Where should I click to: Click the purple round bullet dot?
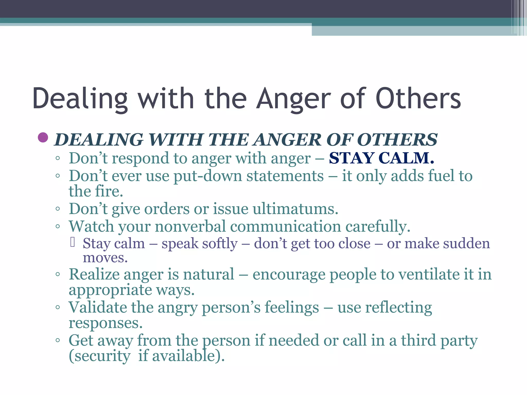tap(43, 137)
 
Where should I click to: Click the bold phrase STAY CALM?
tap(381, 158)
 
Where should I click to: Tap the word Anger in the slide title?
tap(294, 99)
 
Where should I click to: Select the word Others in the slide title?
tap(418, 99)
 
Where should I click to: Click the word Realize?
tap(94, 274)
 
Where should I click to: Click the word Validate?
tap(98, 307)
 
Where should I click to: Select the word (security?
tap(99, 356)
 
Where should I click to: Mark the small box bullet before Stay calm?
tap(73, 242)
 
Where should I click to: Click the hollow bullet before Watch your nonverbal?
tap(58, 227)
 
